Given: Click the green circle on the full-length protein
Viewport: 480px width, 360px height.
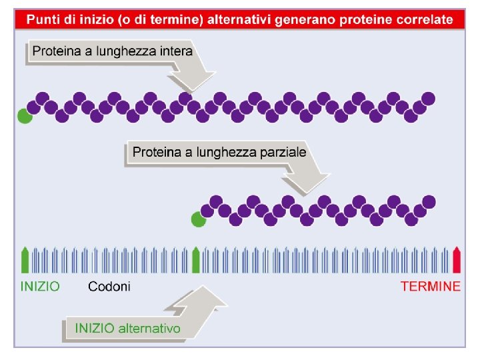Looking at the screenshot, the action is coord(25,116).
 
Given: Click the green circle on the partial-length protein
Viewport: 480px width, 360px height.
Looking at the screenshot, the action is coord(197,219).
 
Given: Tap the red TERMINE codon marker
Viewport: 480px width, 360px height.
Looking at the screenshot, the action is coord(457,260).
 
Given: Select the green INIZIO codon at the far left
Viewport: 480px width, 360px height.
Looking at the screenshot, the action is coord(25,260).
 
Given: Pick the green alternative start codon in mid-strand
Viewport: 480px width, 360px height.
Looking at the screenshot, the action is coord(196,260).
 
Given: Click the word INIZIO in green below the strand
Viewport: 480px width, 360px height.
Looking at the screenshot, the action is coord(40,287).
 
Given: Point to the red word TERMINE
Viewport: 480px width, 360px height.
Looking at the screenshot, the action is coord(430,287).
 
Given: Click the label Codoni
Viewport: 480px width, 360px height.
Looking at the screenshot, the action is coord(109,287).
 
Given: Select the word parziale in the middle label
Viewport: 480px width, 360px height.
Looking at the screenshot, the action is coord(283,152).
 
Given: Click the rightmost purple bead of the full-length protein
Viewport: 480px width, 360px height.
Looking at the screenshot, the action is coord(428,99).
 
